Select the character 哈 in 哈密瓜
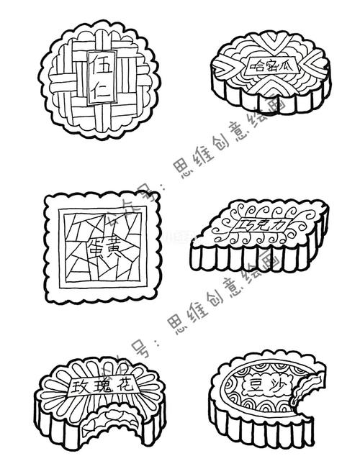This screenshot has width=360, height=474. (256, 67)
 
